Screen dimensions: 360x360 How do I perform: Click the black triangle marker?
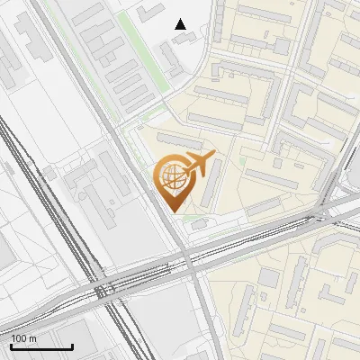pos(182,24)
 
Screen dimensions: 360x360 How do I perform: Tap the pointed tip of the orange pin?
pos(170,211)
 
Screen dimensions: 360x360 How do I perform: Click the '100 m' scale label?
pos(24,338)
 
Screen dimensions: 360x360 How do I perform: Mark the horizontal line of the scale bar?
pos(41,346)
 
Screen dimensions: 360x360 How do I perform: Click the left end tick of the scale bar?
pos(11,345)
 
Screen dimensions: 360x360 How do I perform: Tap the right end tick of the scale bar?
pos(72,345)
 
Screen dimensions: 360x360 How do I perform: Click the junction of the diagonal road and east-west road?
pos(190,263)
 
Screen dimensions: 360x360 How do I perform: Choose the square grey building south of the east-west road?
pos(270,278)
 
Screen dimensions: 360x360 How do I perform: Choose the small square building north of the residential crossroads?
pos(282,46)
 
